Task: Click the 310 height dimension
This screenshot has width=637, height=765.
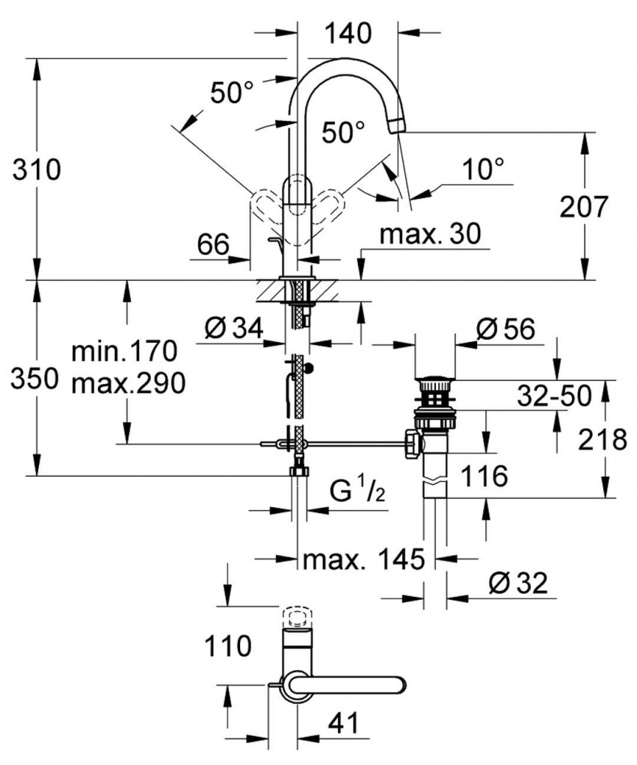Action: [37, 170]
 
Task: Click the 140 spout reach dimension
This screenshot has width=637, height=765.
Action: [348, 34]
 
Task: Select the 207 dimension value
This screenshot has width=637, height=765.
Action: [585, 206]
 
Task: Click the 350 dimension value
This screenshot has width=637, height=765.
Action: [34, 380]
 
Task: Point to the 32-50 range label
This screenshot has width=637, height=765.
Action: [554, 395]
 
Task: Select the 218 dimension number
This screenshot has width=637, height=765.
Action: [603, 441]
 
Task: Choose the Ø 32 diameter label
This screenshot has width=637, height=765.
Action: [519, 583]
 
